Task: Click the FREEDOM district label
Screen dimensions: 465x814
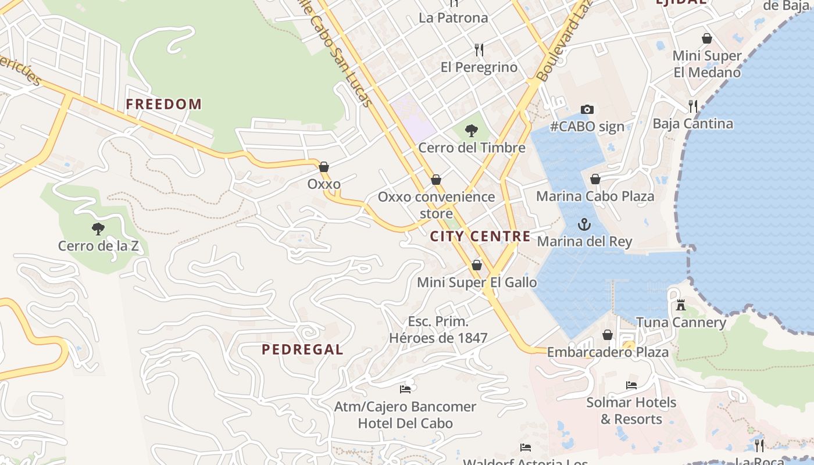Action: [164, 105]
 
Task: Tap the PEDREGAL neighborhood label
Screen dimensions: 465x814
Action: [302, 349]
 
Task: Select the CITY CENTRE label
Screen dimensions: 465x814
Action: [480, 236]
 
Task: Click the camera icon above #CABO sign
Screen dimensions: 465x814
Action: [587, 109]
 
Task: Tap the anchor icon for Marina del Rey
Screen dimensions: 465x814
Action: [584, 224]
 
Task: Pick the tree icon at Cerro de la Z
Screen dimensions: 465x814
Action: [98, 229]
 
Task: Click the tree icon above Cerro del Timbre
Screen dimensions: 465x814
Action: [472, 131]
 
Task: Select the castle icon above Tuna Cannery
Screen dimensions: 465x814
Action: [681, 305]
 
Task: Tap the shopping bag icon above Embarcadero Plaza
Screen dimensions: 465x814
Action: [608, 335]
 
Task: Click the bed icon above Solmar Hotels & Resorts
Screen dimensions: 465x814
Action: [631, 385]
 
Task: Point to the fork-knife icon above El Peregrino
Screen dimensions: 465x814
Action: [479, 50]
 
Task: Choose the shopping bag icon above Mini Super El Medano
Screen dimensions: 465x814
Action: [707, 38]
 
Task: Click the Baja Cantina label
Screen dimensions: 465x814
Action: [692, 124]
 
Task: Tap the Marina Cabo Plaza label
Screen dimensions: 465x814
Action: [595, 196]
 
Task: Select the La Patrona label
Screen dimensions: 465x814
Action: [454, 18]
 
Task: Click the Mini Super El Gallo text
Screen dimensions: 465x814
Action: [477, 282]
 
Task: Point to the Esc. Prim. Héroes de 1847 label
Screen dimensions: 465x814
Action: [438, 330]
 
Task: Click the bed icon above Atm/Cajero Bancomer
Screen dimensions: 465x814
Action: [405, 389]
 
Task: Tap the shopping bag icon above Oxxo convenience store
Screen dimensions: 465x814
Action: [436, 180]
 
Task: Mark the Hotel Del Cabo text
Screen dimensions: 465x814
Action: [405, 423]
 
